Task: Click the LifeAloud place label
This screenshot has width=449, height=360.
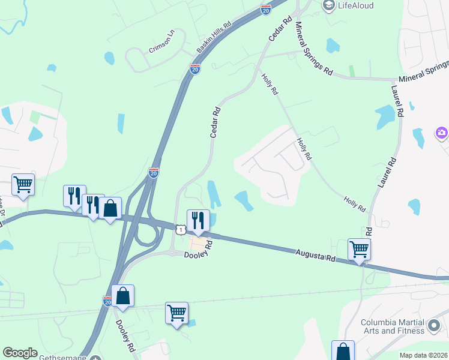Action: (x=356, y=5)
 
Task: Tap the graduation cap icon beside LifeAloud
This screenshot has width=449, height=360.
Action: (x=328, y=5)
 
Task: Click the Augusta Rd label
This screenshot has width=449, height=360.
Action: (x=315, y=256)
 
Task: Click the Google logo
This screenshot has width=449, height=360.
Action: (x=20, y=353)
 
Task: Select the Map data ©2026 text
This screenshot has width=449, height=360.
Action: (x=423, y=355)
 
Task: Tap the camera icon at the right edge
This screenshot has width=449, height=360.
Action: (x=442, y=132)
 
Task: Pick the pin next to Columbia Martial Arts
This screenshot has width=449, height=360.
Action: (x=434, y=328)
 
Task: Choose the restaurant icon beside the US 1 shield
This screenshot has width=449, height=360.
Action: (x=197, y=220)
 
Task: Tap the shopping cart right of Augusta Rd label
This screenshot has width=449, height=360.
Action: (x=359, y=249)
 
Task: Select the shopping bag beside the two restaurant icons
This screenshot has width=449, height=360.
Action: (x=110, y=208)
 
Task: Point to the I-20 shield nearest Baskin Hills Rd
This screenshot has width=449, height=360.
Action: (x=195, y=69)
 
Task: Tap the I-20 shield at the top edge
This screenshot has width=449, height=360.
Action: (x=266, y=9)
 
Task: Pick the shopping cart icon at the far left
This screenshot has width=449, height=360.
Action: (x=23, y=184)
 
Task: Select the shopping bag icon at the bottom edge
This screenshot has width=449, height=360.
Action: (x=343, y=351)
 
